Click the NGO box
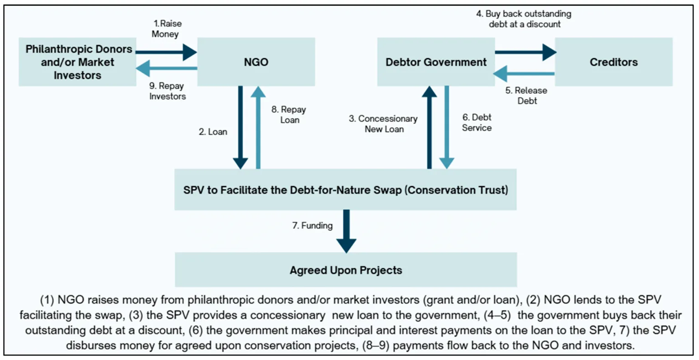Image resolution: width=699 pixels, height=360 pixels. point(256,62)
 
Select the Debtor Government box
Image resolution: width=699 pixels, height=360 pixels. point(436,62)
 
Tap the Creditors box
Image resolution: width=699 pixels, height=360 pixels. point(613,62)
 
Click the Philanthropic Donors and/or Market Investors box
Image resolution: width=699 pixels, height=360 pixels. point(77,62)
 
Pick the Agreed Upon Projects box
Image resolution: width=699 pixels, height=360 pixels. point(346,269)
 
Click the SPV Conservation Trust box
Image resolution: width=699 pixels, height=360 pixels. point(345,189)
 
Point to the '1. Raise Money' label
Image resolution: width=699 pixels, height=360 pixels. point(167,29)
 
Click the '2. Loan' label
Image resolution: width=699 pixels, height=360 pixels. point(213,132)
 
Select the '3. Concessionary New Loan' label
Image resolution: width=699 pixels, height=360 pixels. point(383,124)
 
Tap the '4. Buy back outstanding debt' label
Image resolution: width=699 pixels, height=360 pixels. point(524,19)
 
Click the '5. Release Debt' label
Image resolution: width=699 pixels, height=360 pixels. point(527,96)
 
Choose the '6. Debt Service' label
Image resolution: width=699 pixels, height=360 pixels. point(477,122)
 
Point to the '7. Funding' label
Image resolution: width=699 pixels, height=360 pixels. point(312,225)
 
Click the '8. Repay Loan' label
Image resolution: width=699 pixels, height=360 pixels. point(289,115)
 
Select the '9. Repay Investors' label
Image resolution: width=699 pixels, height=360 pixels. point(167,91)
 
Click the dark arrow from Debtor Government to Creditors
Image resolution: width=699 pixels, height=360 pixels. point(525,52)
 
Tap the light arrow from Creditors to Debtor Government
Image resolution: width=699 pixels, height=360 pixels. point(524,74)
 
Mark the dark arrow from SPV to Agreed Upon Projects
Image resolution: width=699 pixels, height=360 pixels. point(346,231)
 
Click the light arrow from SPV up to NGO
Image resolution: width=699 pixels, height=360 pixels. point(258,127)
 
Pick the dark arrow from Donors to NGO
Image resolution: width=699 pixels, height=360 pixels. point(166,52)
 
